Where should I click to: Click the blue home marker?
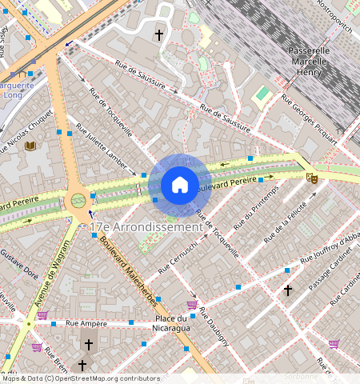[x=180, y=185]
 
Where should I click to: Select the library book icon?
[x=31, y=146]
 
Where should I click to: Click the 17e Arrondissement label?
[x=146, y=227]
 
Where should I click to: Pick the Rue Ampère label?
[x=86, y=323]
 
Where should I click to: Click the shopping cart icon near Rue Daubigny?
[x=192, y=304]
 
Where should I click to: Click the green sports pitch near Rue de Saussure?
[x=262, y=95]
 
